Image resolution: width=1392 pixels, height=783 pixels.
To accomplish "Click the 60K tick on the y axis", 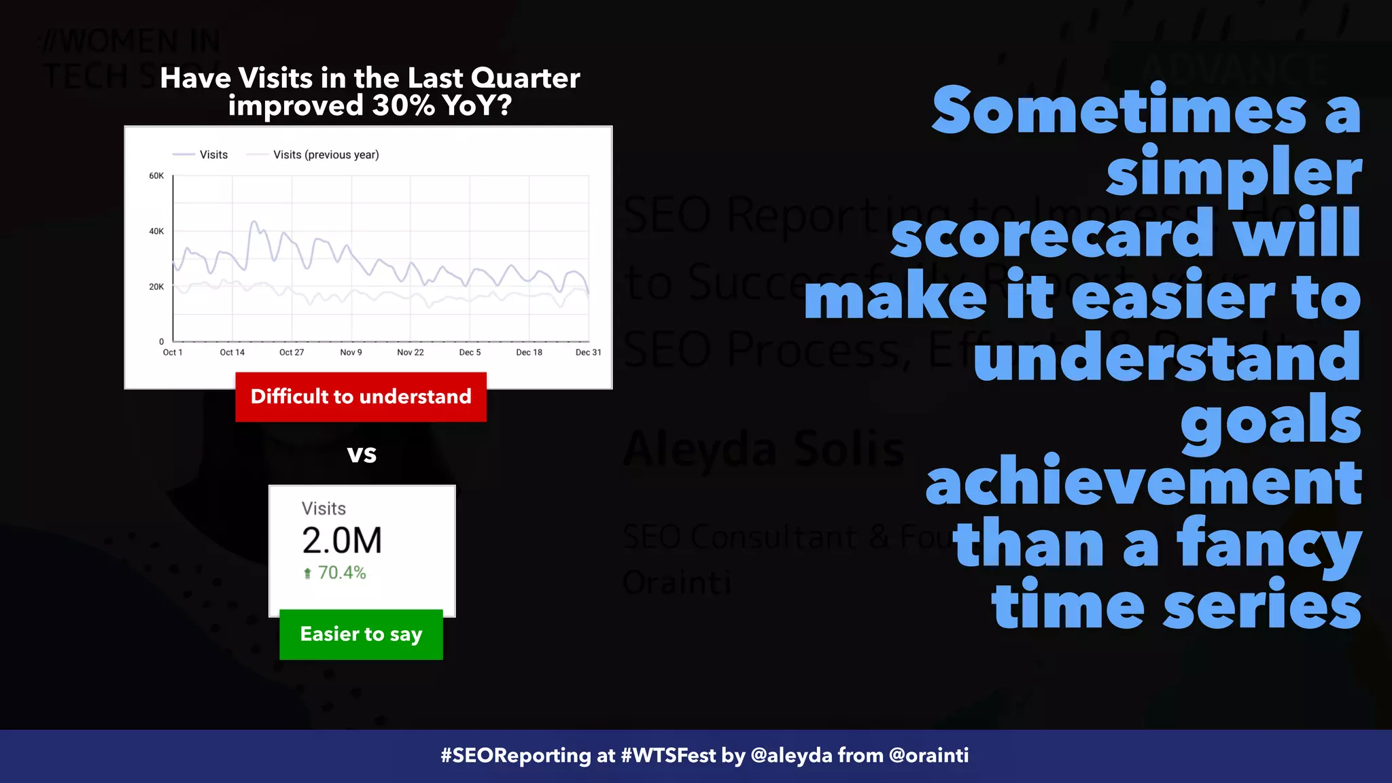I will pyautogui.click(x=156, y=176).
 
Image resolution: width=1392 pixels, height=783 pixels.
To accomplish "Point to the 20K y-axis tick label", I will pyautogui.click(x=156, y=287).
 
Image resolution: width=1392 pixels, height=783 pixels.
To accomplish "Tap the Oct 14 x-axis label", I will pyautogui.click(x=232, y=352).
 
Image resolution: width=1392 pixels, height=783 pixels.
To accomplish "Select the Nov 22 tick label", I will pyautogui.click(x=410, y=352).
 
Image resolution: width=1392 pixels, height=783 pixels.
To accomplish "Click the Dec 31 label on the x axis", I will pyautogui.click(x=588, y=352).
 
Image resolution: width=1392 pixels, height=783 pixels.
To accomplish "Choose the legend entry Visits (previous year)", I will pyautogui.click(x=326, y=155).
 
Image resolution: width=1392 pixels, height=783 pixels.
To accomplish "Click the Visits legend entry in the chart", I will pyautogui.click(x=213, y=155).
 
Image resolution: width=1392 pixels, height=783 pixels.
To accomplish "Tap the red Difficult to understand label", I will pyautogui.click(x=361, y=397).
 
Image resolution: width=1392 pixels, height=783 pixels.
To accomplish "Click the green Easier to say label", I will pyautogui.click(x=361, y=634).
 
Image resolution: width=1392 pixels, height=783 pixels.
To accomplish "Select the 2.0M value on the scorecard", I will pyautogui.click(x=342, y=541).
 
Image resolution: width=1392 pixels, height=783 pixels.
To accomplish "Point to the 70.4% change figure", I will pyautogui.click(x=342, y=573).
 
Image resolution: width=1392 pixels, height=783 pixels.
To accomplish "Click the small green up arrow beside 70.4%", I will pyautogui.click(x=307, y=574).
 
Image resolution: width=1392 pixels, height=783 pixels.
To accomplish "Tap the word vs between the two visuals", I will pyautogui.click(x=362, y=453).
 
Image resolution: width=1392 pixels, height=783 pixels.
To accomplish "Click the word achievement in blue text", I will pyautogui.click(x=1143, y=482).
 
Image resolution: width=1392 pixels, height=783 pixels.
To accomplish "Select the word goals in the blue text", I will pyautogui.click(x=1270, y=421).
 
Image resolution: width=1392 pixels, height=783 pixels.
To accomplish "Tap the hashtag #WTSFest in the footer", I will pyautogui.click(x=668, y=756).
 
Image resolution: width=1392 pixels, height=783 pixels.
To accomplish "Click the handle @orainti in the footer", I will pyautogui.click(x=928, y=756).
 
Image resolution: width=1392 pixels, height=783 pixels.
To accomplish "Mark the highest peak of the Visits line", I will pyautogui.click(x=254, y=222).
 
